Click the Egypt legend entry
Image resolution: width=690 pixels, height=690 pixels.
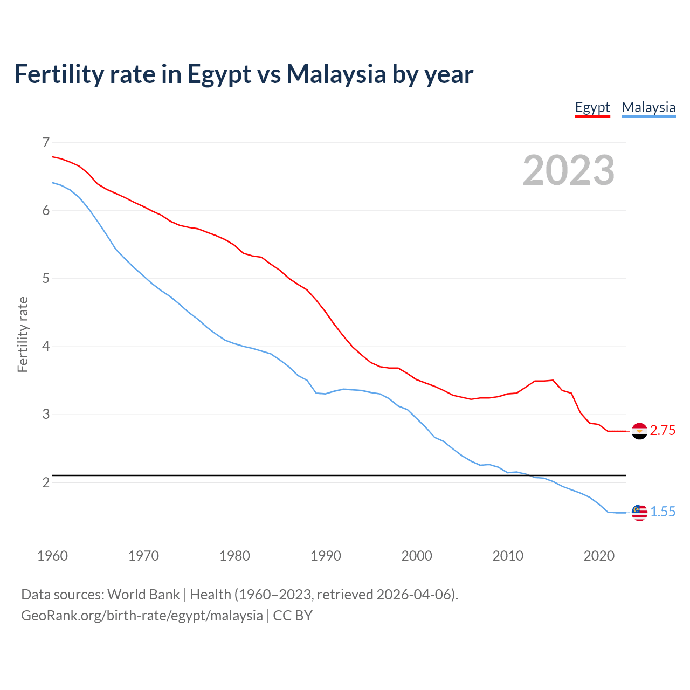[x=592, y=107]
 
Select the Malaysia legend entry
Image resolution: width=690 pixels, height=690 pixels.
[x=648, y=107]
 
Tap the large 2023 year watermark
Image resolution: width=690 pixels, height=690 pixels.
[x=568, y=170]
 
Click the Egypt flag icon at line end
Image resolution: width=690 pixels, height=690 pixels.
[x=639, y=431]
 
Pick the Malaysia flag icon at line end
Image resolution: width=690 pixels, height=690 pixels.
[x=639, y=513]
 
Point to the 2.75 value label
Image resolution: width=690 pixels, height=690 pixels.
[x=663, y=431]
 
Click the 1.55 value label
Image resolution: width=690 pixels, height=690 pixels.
[x=663, y=512]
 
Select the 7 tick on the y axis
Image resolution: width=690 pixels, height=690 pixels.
[x=46, y=142]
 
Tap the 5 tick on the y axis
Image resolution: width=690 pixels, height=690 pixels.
[x=46, y=279]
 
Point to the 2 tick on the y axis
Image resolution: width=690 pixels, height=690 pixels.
[x=46, y=482]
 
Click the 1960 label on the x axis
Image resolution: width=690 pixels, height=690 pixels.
[x=52, y=556]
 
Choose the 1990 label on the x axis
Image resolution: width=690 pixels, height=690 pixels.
[x=326, y=556]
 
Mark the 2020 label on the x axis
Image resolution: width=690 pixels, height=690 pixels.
[x=599, y=556]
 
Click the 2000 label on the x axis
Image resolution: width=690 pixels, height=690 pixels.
[x=417, y=556]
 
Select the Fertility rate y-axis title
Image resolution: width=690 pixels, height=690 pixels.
[x=23, y=334]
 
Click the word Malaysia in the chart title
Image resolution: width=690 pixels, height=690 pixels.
[x=336, y=74]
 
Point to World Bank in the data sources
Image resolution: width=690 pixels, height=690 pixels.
[x=143, y=595]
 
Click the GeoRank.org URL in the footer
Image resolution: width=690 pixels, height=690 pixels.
[x=142, y=616]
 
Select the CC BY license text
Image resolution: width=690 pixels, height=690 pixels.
[x=293, y=616]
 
